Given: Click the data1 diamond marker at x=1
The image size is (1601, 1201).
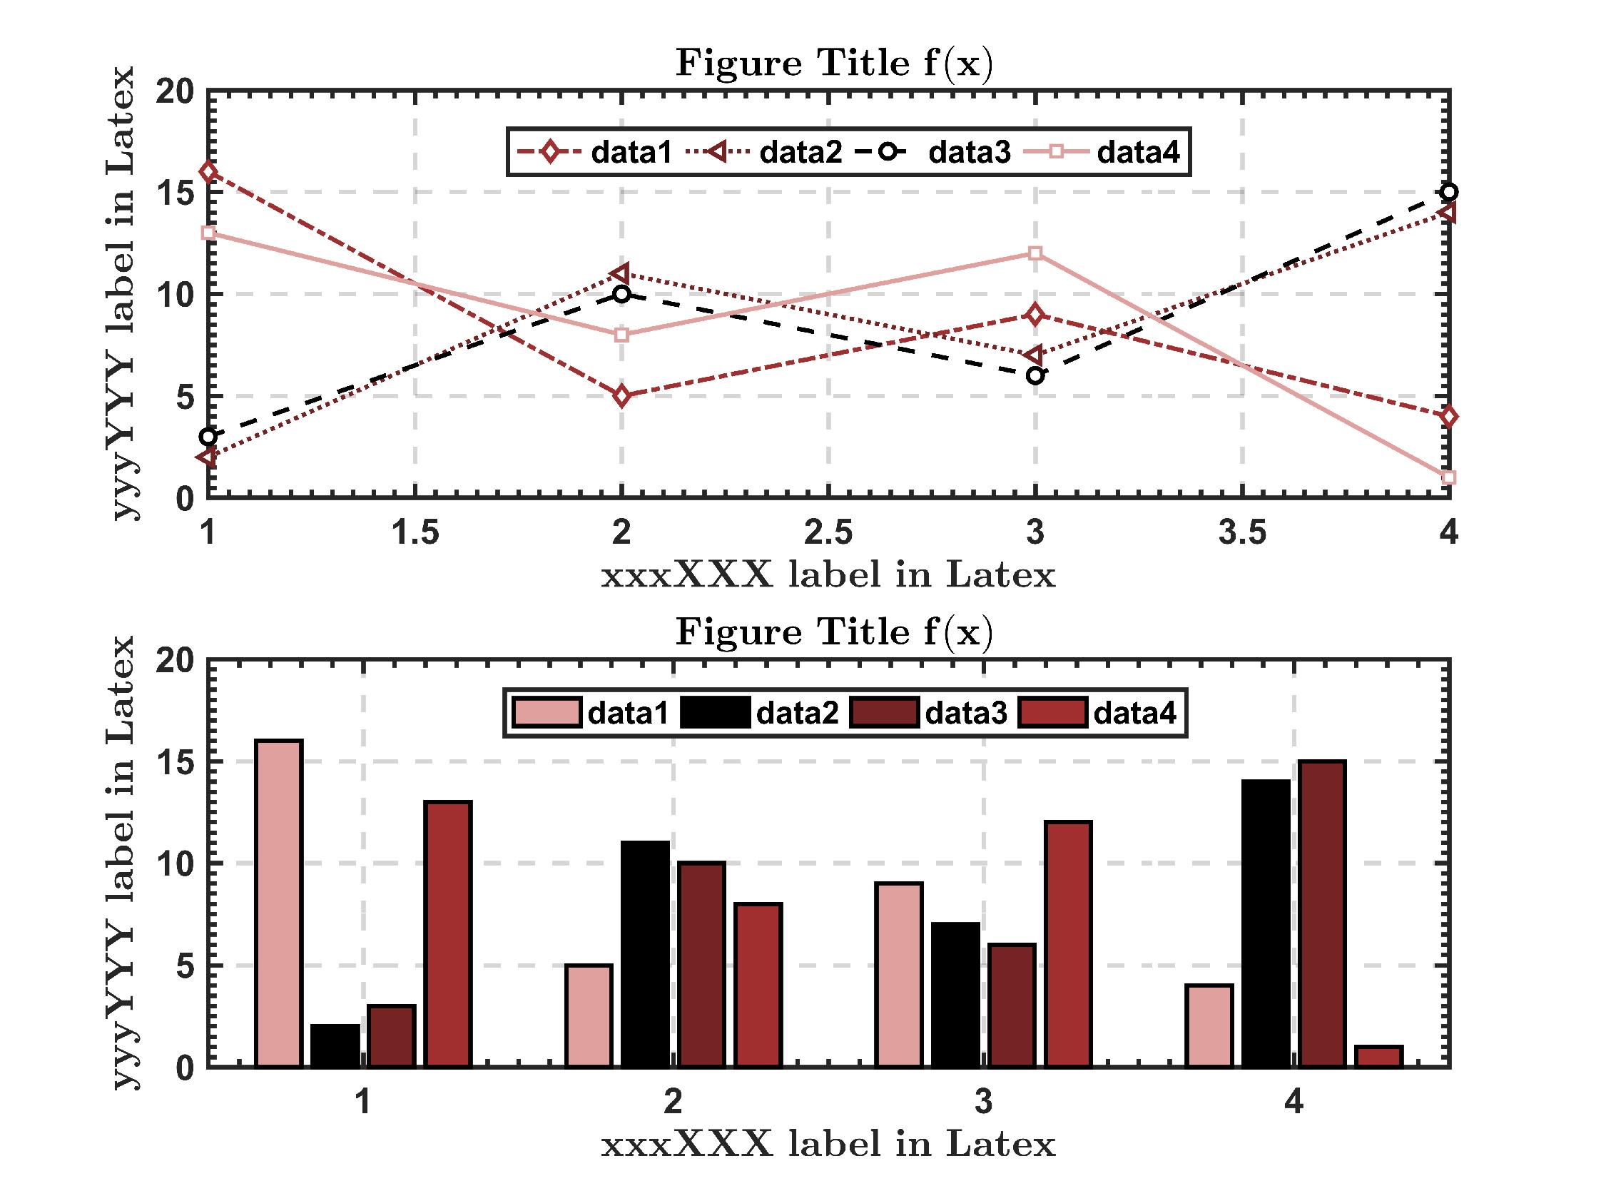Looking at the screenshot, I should click(208, 172).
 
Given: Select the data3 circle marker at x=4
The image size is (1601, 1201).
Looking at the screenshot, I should click(1448, 193).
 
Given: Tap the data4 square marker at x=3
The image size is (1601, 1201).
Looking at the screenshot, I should click(1035, 253).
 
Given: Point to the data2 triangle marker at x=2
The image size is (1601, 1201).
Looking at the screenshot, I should click(621, 273).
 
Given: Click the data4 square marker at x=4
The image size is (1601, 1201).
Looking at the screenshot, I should click(1448, 478).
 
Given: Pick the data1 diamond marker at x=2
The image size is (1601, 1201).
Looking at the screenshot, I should click(621, 396).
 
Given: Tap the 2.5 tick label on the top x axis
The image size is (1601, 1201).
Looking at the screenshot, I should click(829, 534).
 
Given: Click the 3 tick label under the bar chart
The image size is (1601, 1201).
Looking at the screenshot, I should click(983, 1102).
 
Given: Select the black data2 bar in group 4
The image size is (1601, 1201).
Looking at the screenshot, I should click(1265, 923).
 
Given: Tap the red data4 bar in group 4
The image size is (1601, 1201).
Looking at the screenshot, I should click(1379, 1056).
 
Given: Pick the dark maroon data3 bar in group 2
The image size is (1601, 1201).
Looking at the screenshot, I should click(701, 964).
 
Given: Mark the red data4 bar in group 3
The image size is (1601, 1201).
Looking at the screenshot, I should click(1068, 944).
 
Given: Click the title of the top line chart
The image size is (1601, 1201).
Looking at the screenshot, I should click(834, 64).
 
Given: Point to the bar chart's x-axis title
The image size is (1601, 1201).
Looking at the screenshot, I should click(828, 1145).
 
